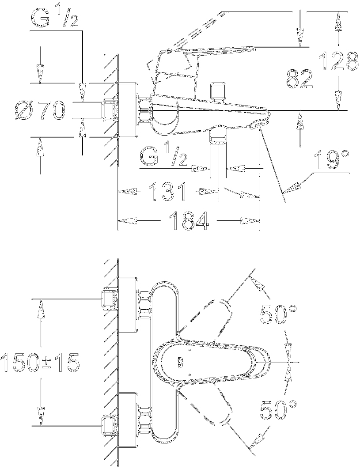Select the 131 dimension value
tap(167, 193)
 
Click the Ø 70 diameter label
tap(39, 110)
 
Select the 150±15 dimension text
tap(40, 363)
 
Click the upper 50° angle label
tap(279, 315)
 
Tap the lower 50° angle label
tap(279, 410)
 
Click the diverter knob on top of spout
tap(217, 91)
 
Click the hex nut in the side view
tap(144, 111)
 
